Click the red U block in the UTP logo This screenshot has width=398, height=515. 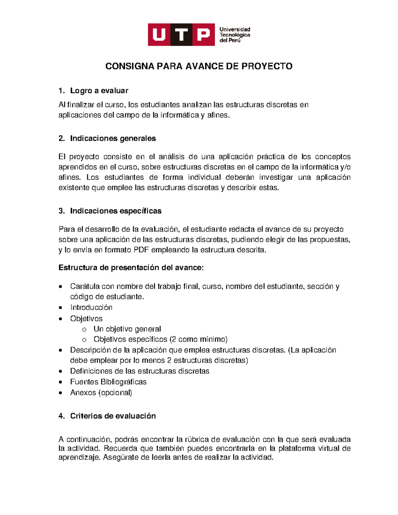[x=159, y=34]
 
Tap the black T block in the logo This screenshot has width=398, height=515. [x=181, y=34]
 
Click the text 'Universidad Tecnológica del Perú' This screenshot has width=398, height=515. [x=234, y=35]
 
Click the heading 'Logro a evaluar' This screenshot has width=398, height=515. [x=99, y=91]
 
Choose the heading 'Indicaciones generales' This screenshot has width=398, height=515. [x=113, y=138]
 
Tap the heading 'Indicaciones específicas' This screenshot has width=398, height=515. [x=115, y=211]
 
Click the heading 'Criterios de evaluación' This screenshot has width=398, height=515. [x=113, y=416]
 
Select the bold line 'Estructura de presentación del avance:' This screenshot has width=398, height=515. [x=131, y=268]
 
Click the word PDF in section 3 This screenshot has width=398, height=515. [x=141, y=250]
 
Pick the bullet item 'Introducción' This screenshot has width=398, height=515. [x=91, y=307]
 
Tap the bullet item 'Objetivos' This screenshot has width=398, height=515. [x=86, y=319]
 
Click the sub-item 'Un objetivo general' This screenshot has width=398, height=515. [x=127, y=329]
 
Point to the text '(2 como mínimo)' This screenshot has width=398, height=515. [x=198, y=339]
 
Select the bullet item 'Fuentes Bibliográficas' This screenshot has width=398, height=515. [x=108, y=382]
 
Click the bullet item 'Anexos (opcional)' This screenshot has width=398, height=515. [x=101, y=393]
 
